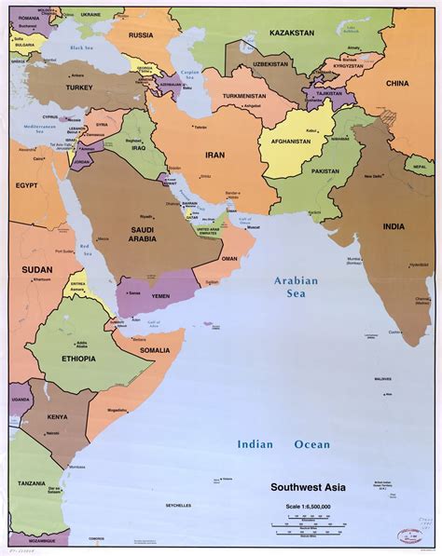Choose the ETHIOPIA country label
point(78,358)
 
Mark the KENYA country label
point(58,416)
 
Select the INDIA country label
point(393,226)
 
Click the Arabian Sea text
point(296,286)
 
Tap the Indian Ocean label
point(283,445)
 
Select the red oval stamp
point(409,536)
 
